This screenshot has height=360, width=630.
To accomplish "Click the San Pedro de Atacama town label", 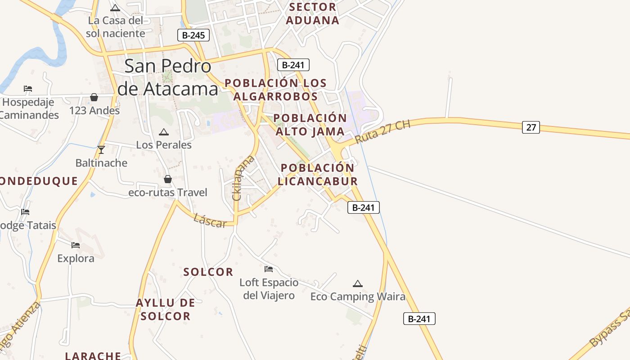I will coord(167,78).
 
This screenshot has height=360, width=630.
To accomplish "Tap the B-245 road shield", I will coord(193,35).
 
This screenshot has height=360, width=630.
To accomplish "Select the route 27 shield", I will coord(531,127).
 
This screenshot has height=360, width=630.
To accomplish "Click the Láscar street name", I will coord(210,220).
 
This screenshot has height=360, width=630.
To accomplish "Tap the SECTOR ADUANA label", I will coord(313,13).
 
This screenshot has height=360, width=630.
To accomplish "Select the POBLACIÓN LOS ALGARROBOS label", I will coord(275,90).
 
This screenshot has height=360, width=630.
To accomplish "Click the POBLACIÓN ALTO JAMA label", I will coord(310,125).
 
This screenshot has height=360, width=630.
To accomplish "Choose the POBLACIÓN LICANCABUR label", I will coord(318,174).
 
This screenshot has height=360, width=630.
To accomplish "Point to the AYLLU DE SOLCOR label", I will coord(166,309).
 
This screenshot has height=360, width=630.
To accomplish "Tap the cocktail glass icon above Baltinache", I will coord(101,150).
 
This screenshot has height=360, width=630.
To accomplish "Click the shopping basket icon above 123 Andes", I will coord(94,97).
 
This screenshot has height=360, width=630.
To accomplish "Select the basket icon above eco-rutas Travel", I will coord(168,180).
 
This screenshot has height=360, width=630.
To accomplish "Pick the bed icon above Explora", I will coord(76,245).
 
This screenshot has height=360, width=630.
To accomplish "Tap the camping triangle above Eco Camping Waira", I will coord(358,283).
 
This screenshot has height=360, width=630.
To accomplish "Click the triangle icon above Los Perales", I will coord(164,132).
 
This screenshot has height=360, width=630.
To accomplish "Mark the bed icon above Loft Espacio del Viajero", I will coord(269,269).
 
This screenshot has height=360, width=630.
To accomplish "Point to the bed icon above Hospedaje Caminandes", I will coord(28,89).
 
